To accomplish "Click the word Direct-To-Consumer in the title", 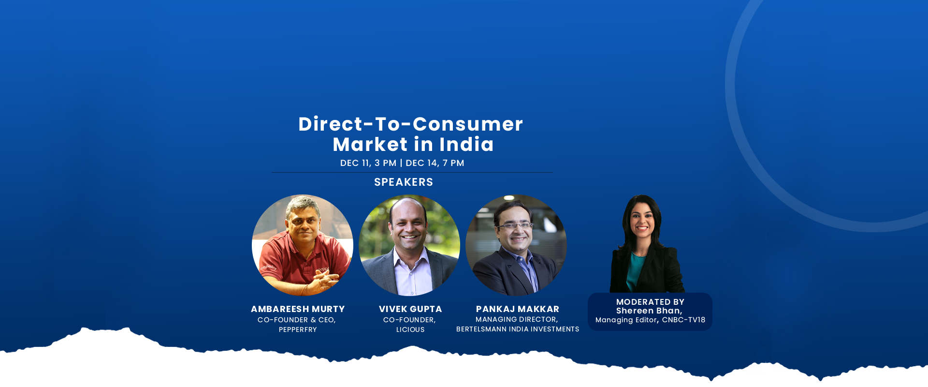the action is [411, 124].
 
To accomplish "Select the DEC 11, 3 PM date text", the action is [368, 163].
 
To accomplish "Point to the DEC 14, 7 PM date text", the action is [435, 163].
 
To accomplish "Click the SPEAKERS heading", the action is [404, 182].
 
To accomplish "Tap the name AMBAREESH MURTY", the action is [298, 309].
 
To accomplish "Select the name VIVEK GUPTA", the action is [410, 309].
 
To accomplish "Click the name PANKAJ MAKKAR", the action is [518, 309].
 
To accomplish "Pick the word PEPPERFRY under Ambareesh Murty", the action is [298, 329].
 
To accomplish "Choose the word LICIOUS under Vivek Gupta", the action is [410, 329].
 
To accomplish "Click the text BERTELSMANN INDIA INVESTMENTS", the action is [518, 329].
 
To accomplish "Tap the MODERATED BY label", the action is [650, 302].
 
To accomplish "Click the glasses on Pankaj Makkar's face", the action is [515, 225].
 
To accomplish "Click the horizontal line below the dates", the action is [412, 172].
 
